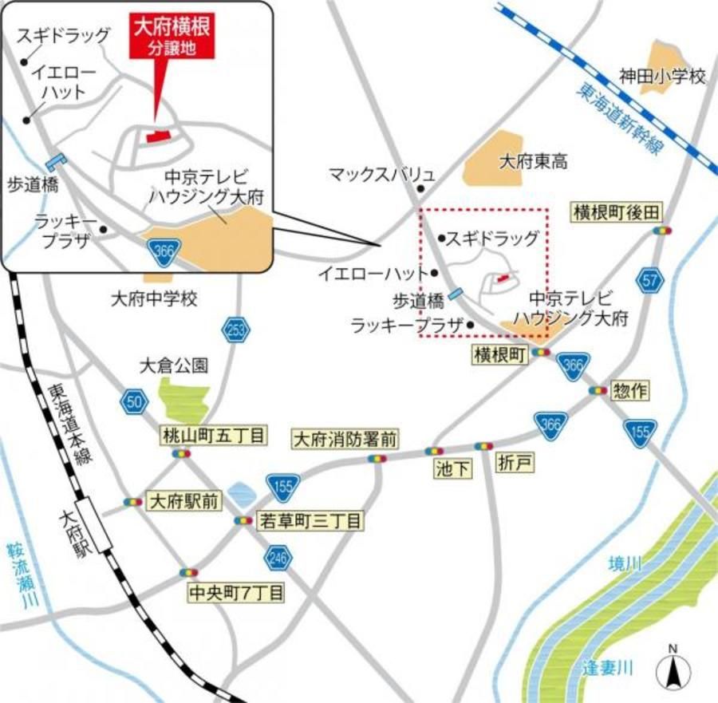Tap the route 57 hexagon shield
click(x=651, y=280)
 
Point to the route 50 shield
click(x=135, y=401)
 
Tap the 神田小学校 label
click(x=663, y=77)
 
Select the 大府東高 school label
click(x=533, y=162)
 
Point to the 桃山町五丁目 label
click(x=213, y=436)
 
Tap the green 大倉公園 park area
click(x=185, y=397)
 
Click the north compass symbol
click(x=673, y=669)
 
